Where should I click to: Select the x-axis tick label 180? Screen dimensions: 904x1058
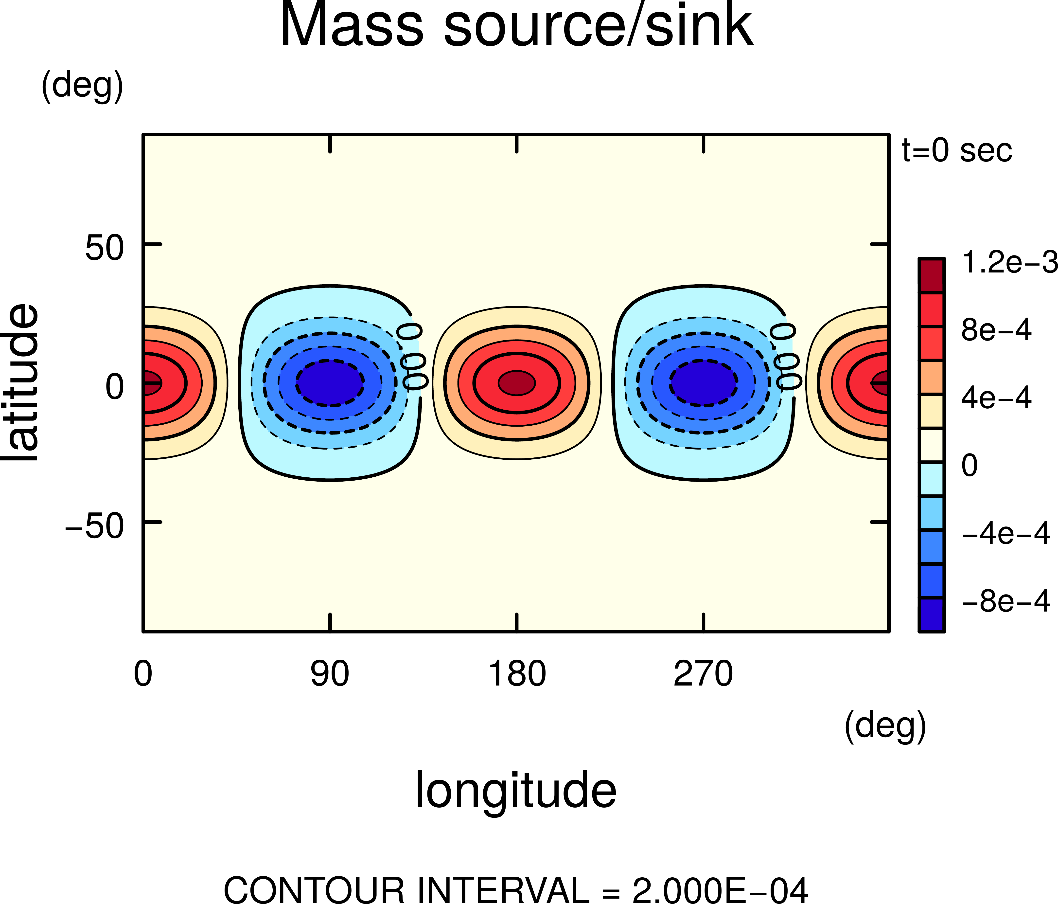pos(517,674)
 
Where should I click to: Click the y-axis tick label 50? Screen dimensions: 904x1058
pos(105,249)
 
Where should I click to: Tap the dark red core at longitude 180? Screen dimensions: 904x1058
pos(517,382)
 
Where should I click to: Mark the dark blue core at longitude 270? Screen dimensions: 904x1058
pos(704,382)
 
